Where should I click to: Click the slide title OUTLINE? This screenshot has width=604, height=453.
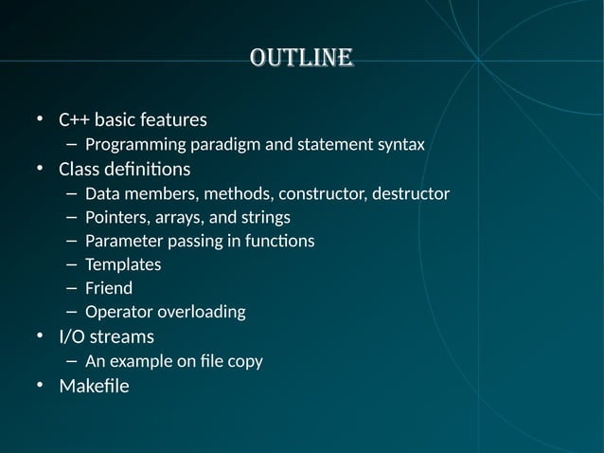[x=302, y=58]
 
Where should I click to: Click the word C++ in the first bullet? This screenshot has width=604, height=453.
[x=74, y=120]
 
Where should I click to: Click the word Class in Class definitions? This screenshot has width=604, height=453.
[x=79, y=170]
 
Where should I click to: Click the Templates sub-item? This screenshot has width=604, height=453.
[x=123, y=264]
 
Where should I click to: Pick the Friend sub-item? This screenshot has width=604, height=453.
[x=109, y=288]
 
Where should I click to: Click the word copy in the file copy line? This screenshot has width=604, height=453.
[x=243, y=361]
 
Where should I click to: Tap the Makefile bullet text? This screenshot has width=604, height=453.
[x=94, y=386]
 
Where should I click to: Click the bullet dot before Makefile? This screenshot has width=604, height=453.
[x=41, y=386]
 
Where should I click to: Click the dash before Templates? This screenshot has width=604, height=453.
[x=72, y=264]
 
